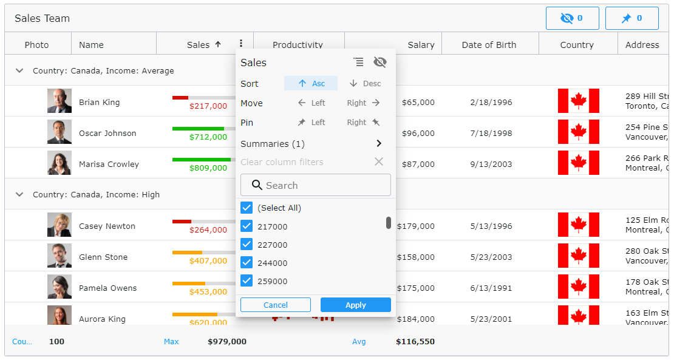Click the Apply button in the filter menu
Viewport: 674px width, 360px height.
coord(355,305)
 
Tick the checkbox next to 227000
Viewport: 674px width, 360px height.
coord(247,245)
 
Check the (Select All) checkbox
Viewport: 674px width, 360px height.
coord(247,208)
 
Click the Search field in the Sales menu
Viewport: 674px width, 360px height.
coord(316,185)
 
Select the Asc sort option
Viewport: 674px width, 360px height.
coord(311,83)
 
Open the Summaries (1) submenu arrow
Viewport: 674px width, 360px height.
coord(379,144)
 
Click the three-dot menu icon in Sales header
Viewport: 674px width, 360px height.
coord(241,44)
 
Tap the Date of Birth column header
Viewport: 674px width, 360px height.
coord(489,44)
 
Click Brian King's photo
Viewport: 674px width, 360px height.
coord(60,101)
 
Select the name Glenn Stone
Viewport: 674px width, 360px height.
coord(103,257)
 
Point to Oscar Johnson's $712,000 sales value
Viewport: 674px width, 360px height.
coord(208,137)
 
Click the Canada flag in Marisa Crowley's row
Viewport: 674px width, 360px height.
coord(578,163)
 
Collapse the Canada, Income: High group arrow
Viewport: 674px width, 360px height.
coord(19,195)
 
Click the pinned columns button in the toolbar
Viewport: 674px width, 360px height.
coord(631,18)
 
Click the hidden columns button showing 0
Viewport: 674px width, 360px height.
coord(572,18)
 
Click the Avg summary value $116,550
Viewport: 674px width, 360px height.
coord(415,342)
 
